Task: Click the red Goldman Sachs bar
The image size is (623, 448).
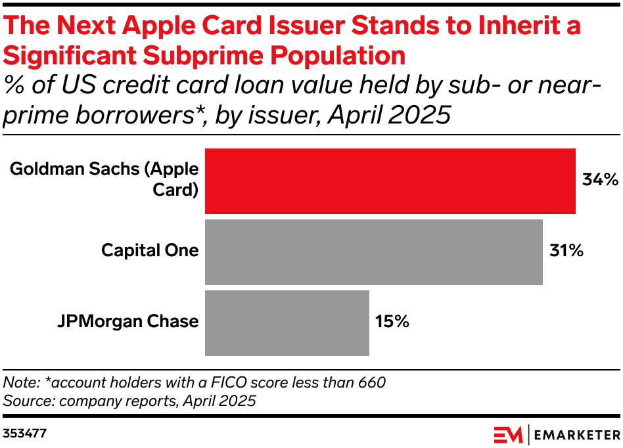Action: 390,181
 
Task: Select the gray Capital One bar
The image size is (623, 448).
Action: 374,252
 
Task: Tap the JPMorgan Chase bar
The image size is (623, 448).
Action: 287,323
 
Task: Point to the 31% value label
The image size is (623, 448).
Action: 566,250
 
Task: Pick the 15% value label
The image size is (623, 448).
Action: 392,321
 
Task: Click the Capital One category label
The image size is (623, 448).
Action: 150,250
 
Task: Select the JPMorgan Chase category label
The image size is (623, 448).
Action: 127,321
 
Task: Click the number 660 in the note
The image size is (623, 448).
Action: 371,382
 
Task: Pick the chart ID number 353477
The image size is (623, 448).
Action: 24,434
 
